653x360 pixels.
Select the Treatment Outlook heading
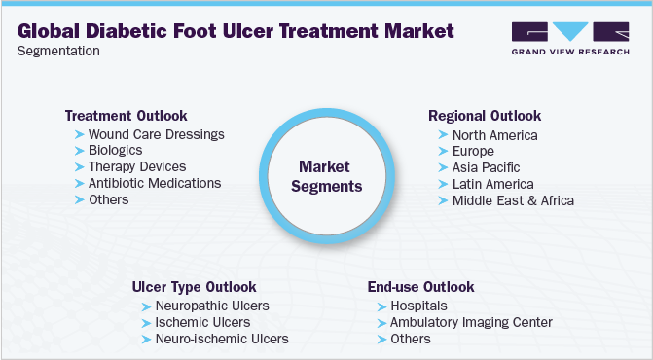(x=126, y=115)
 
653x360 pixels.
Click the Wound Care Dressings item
(x=156, y=133)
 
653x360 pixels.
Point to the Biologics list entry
(x=115, y=150)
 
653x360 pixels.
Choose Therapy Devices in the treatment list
(x=136, y=166)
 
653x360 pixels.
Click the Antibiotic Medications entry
(x=154, y=183)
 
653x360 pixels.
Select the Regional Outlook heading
(x=485, y=116)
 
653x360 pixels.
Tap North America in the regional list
(x=494, y=135)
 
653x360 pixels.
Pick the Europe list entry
(x=473, y=152)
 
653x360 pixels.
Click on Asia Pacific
(x=487, y=167)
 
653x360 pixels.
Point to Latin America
(x=492, y=184)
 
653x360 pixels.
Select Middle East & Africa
(x=513, y=200)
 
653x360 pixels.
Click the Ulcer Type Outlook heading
(x=195, y=287)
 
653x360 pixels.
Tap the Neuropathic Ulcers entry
(x=212, y=306)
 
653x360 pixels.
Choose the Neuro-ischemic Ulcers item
(x=222, y=339)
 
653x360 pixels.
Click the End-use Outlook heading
(x=420, y=287)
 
